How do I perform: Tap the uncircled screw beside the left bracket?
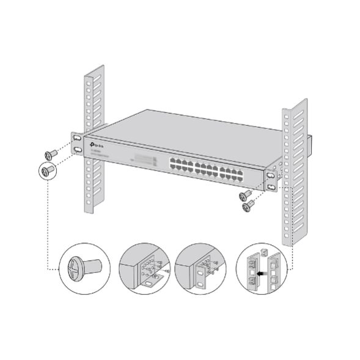click(x=50, y=153)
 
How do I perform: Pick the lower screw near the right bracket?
click(x=248, y=207)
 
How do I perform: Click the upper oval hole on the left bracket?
click(x=78, y=138)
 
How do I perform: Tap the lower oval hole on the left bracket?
click(x=78, y=150)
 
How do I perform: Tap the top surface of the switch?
click(x=183, y=128)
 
